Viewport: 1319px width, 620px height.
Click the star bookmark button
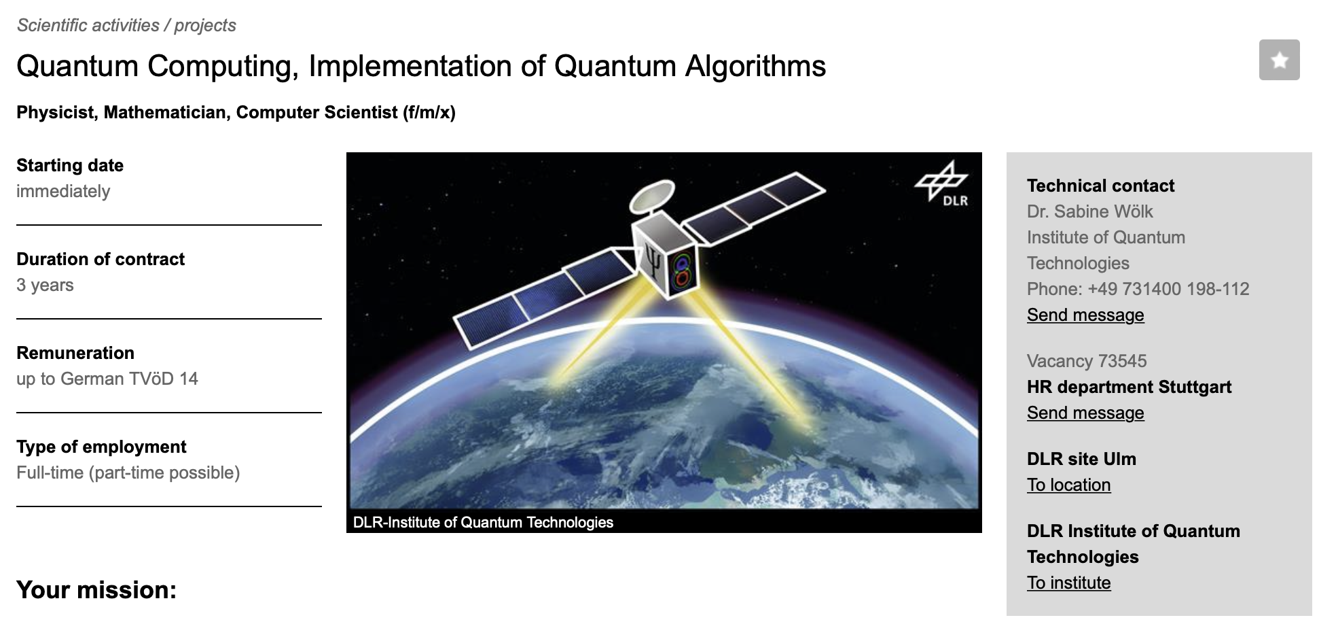click(x=1279, y=60)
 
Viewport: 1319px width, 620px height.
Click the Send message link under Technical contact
click(x=1085, y=315)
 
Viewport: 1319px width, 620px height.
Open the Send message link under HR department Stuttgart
click(x=1085, y=413)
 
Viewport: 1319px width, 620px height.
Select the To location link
click(x=1068, y=485)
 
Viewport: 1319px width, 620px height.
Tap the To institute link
click(x=1068, y=583)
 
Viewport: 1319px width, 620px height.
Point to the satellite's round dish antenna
click(x=652, y=196)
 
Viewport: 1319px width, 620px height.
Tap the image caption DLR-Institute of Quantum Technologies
click(x=483, y=522)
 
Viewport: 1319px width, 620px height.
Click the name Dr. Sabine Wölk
click(x=1089, y=211)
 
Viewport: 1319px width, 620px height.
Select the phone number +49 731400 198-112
click(x=1168, y=289)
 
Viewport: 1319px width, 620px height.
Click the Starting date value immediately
click(x=63, y=191)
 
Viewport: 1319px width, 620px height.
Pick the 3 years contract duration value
click(x=45, y=285)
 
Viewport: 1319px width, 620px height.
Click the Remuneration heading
click(x=75, y=353)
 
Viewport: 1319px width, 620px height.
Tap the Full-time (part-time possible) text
click(x=128, y=472)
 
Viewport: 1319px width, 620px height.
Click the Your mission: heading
click(x=96, y=589)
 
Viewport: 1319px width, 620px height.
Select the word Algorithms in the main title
click(x=755, y=67)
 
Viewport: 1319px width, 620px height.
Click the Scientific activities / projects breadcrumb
click(x=126, y=25)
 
